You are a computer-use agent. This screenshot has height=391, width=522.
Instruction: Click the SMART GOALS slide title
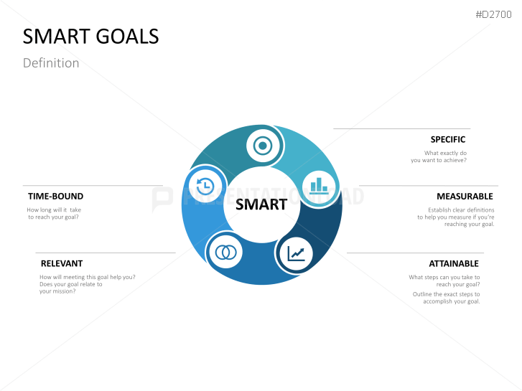tap(91, 37)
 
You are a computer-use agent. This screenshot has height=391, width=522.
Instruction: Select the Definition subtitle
tap(51, 63)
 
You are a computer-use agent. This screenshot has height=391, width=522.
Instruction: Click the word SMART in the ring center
tap(261, 204)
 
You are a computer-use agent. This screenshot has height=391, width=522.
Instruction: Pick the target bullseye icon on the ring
tap(263, 146)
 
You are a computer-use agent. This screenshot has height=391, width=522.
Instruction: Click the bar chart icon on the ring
tap(318, 187)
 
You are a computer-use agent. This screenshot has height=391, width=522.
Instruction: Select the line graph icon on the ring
tap(296, 253)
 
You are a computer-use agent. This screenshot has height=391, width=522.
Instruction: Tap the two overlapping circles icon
tap(227, 252)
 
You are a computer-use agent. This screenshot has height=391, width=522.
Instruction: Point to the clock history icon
tap(205, 186)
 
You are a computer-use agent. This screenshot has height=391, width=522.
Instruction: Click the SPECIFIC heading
tap(448, 140)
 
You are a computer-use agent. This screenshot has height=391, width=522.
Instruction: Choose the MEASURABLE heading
tap(465, 197)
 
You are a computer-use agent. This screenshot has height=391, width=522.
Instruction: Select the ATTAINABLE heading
tap(455, 264)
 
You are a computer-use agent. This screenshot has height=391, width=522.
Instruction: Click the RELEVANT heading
tap(62, 264)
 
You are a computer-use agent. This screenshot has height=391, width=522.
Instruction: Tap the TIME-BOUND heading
tap(56, 197)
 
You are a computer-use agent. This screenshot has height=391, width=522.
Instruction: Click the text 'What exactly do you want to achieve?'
tap(439, 156)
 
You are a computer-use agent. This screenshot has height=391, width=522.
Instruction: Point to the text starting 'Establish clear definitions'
tap(456, 210)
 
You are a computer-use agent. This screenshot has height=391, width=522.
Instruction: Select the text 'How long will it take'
tap(54, 209)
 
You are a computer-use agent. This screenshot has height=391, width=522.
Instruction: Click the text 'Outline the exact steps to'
tap(446, 294)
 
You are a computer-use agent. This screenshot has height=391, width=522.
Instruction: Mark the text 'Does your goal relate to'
tap(71, 284)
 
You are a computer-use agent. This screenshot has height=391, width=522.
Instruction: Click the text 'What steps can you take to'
tap(444, 278)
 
